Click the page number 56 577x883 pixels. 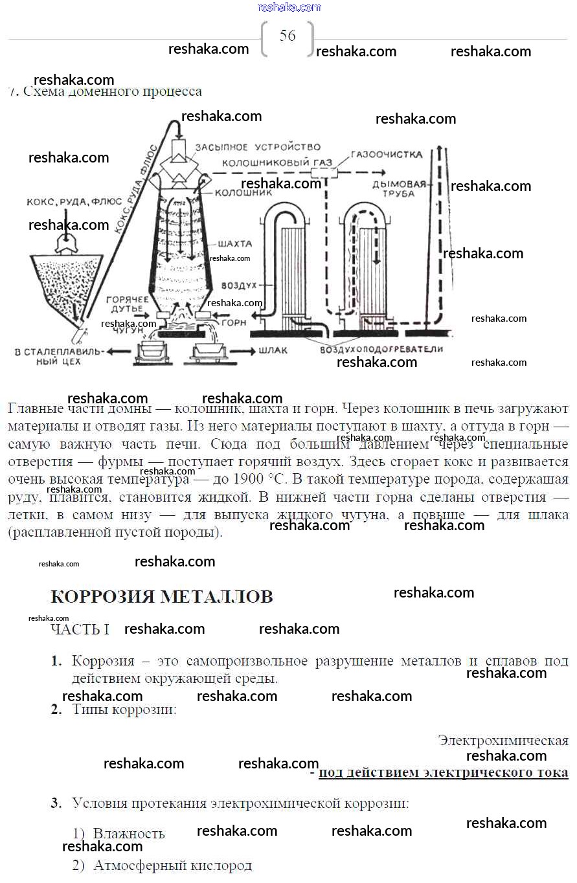(x=288, y=36)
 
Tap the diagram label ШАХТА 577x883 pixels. (x=236, y=243)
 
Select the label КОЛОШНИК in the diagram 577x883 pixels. (x=240, y=193)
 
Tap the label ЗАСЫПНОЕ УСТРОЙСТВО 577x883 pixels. (x=258, y=148)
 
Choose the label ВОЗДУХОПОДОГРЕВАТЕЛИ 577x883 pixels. (x=381, y=349)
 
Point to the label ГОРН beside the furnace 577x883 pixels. (x=234, y=321)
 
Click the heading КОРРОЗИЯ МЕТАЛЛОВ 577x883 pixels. (x=161, y=596)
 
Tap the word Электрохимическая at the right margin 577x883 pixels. (x=503, y=740)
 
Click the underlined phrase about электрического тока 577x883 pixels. (x=443, y=772)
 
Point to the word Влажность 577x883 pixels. (x=129, y=833)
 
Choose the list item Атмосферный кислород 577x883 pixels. (x=172, y=866)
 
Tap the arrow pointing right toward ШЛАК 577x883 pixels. (x=242, y=351)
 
